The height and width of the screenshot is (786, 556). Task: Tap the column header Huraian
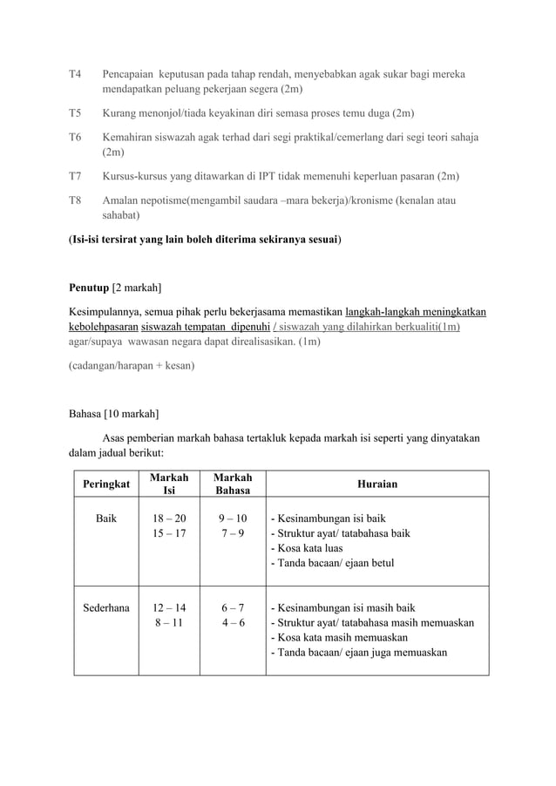pyautogui.click(x=376, y=484)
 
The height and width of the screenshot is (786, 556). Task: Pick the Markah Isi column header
pyautogui.click(x=168, y=484)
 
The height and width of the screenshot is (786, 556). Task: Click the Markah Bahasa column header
pyautogui.click(x=233, y=484)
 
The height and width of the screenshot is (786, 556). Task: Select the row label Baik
pyautogui.click(x=106, y=518)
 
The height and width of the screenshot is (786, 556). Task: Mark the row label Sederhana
pyautogui.click(x=106, y=608)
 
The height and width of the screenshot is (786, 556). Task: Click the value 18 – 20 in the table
pyautogui.click(x=168, y=518)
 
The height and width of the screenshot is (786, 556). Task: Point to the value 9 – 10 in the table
pyautogui.click(x=233, y=518)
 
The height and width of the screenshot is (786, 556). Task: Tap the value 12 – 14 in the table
pyautogui.click(x=168, y=608)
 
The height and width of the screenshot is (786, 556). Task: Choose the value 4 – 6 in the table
pyautogui.click(x=233, y=623)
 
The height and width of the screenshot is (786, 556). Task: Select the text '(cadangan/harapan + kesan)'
pyautogui.click(x=132, y=366)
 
